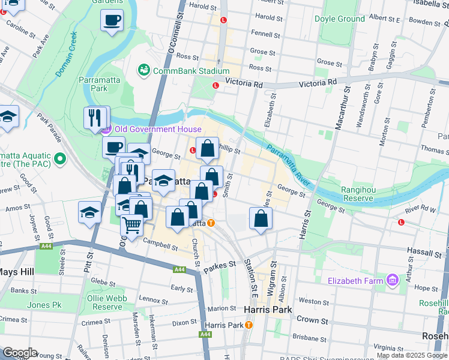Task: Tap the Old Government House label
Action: pos(150,129)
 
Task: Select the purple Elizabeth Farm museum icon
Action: pos(393,280)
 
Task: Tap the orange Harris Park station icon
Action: pos(249,325)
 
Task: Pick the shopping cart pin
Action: pos(131,226)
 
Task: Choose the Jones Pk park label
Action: pos(44,305)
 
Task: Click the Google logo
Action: pos(20,353)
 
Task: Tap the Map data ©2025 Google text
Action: pos(412,355)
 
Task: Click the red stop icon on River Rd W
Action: pos(401,222)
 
